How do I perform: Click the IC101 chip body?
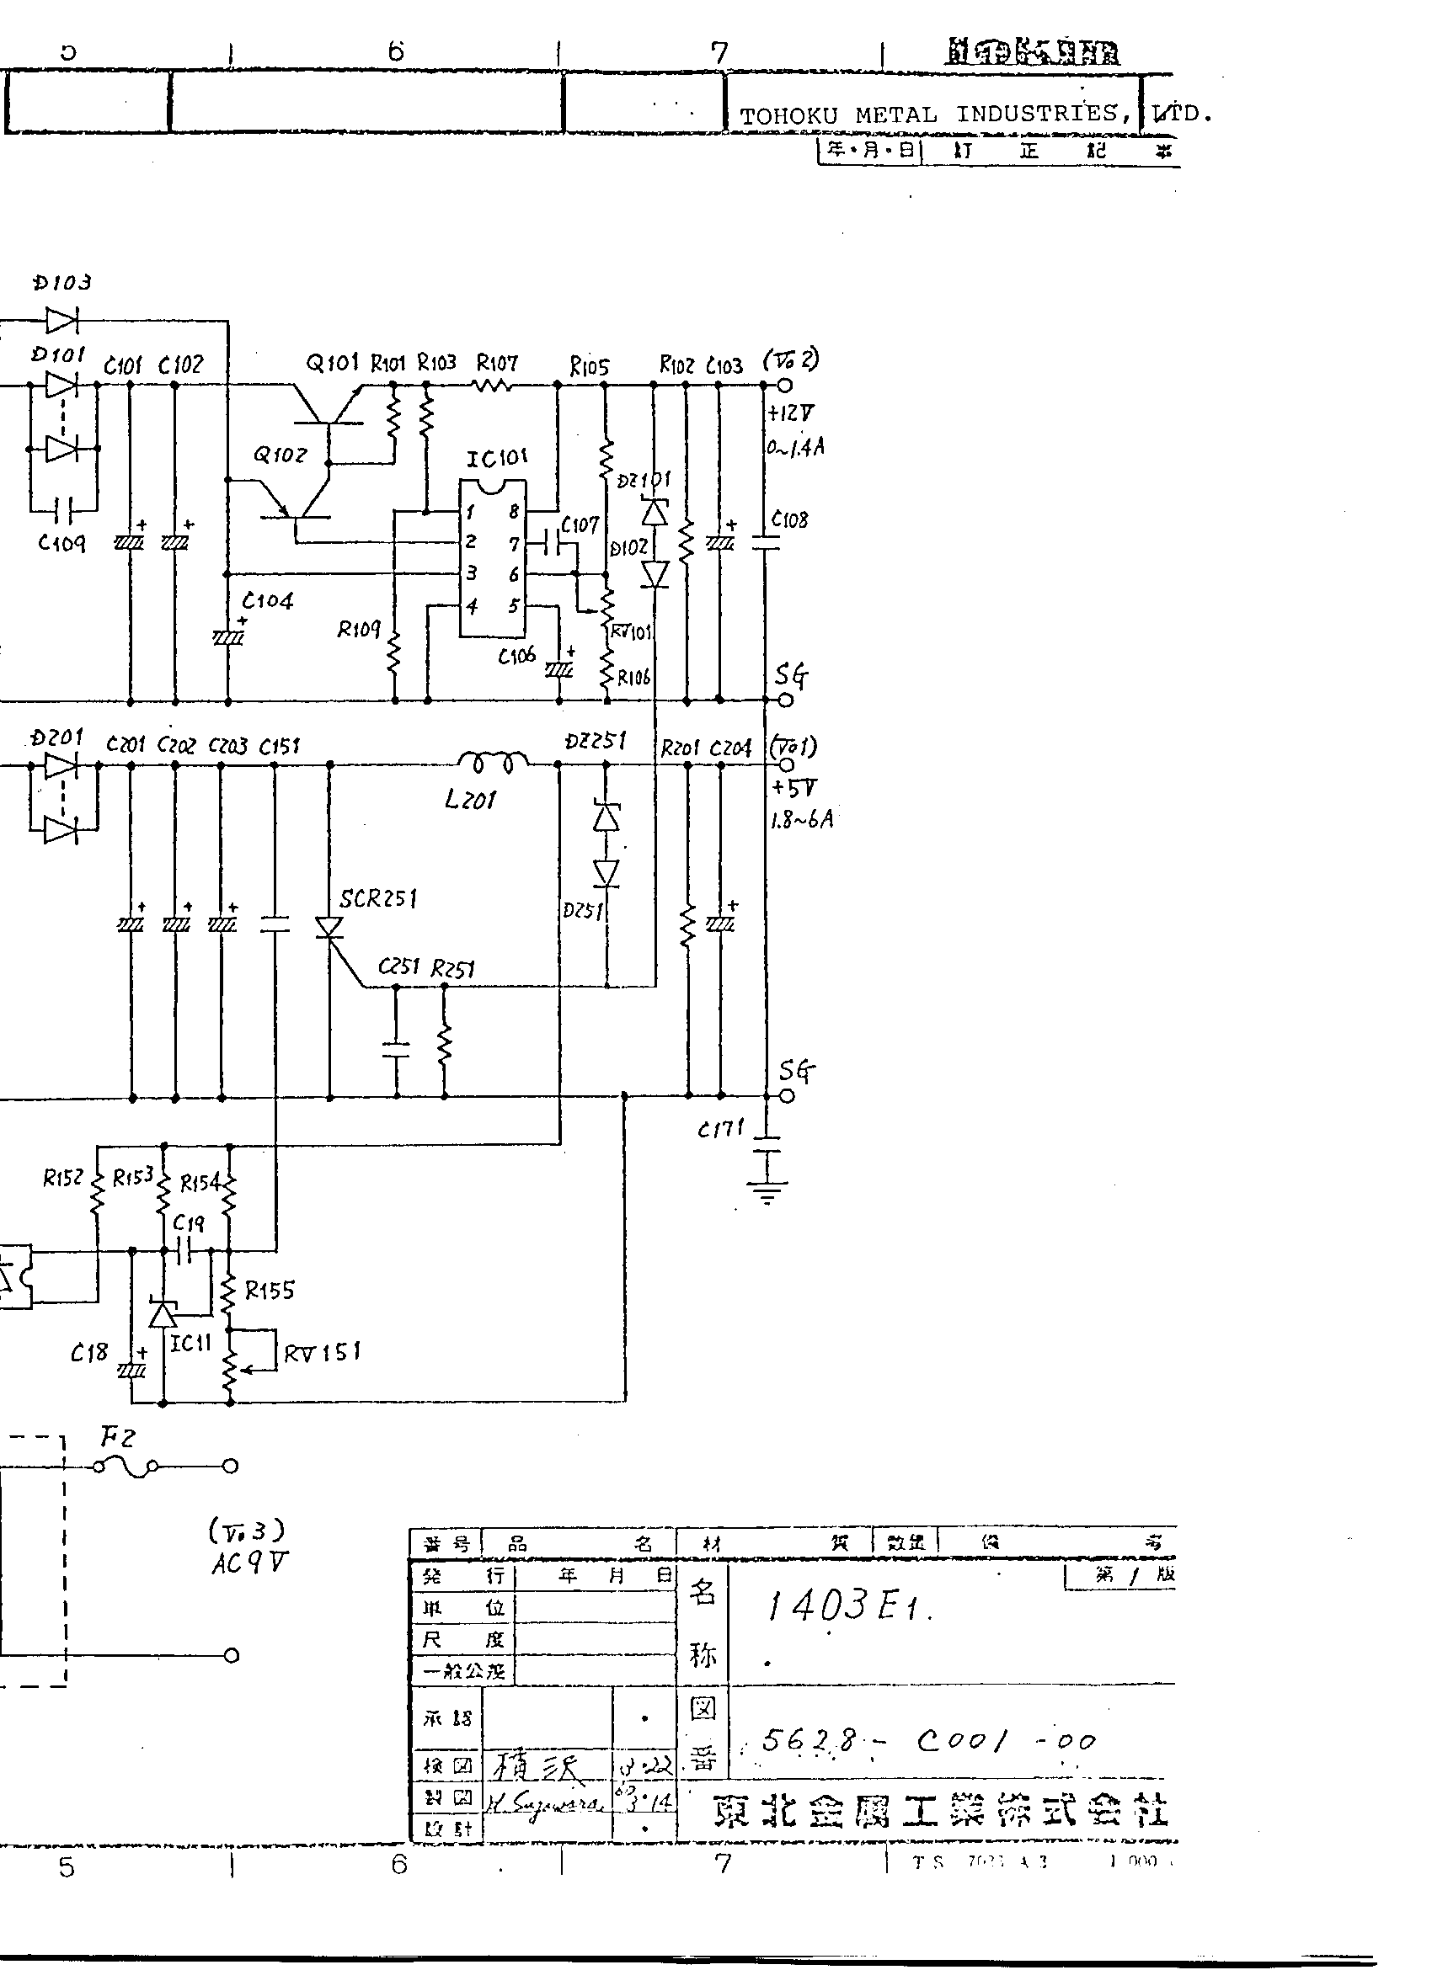pos(493,558)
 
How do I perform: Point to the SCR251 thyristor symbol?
pos(329,928)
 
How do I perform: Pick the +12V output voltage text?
pos(791,413)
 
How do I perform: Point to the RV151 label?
pos(322,1352)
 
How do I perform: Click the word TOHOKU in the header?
pos(788,115)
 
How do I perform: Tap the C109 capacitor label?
pos(61,544)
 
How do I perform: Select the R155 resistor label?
pos(270,1291)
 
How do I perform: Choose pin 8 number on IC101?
pos(514,512)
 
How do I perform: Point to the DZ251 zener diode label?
pos(596,740)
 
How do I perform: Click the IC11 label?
pos(190,1344)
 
